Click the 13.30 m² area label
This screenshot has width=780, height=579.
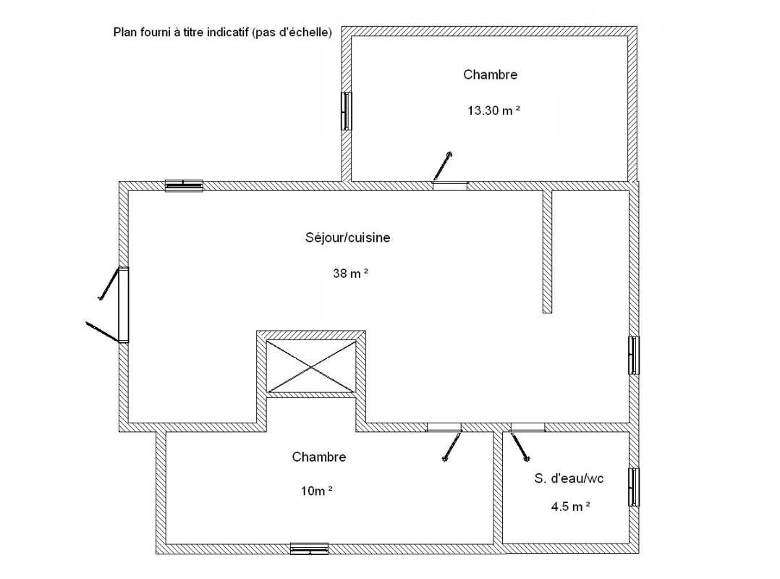[493, 111]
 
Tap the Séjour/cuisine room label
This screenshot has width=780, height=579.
[348, 238]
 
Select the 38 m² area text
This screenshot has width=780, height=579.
[351, 273]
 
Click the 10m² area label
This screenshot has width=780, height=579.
[316, 491]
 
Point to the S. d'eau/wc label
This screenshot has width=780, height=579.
[569, 478]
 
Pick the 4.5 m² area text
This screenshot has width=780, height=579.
[571, 507]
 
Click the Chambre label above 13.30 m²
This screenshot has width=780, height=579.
[491, 75]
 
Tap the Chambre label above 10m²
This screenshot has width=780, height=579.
[319, 457]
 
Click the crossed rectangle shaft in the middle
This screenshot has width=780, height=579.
[311, 367]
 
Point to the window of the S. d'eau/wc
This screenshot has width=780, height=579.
[634, 487]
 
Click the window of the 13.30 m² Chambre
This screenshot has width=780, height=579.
[346, 111]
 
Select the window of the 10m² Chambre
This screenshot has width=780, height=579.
[310, 549]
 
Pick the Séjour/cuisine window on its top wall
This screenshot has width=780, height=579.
[184, 185]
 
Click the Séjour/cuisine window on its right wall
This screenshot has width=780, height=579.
[634, 355]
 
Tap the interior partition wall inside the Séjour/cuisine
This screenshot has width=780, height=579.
[547, 252]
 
